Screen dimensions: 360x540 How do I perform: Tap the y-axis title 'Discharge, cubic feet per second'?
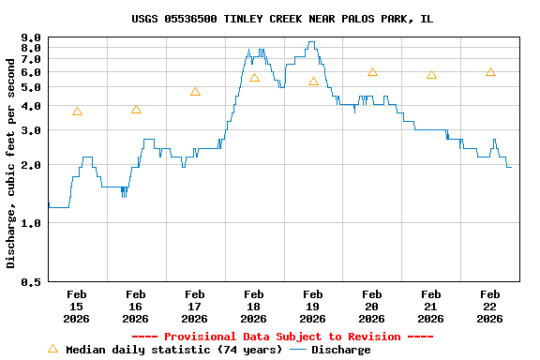(11, 162)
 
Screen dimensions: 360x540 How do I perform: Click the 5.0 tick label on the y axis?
(30, 87)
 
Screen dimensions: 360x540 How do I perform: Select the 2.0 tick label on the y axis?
(30, 165)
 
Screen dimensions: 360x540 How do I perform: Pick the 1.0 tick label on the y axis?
(30, 223)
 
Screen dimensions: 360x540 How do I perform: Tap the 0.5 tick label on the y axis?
(30, 281)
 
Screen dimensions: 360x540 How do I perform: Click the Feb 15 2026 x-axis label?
(77, 306)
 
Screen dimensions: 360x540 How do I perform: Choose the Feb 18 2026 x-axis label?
(254, 306)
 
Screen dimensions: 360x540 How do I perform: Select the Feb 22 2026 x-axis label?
(489, 306)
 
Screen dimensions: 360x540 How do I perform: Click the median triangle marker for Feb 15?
(77, 112)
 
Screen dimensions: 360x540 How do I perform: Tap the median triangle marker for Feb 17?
(195, 92)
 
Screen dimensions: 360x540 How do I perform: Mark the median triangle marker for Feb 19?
(313, 82)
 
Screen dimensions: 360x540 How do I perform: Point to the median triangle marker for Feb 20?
(372, 72)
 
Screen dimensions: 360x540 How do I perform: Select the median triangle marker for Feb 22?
(490, 72)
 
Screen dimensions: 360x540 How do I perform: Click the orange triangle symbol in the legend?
(52, 349)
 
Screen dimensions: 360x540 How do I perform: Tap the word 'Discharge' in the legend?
(340, 350)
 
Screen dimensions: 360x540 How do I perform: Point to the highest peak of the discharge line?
(311, 42)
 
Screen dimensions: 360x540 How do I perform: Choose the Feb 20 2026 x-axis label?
(372, 306)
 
